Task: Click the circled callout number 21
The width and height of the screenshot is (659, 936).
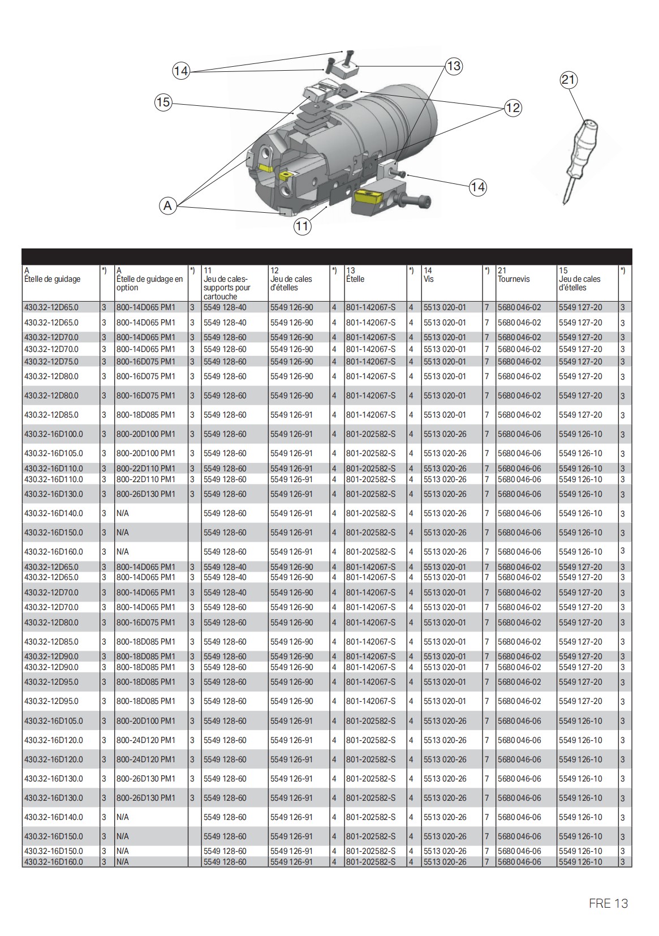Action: tap(568, 80)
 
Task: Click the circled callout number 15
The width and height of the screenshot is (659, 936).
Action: tap(163, 102)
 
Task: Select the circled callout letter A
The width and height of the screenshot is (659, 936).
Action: tap(167, 206)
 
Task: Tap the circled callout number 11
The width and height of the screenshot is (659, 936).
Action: tap(302, 227)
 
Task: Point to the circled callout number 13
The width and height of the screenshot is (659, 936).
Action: tap(454, 66)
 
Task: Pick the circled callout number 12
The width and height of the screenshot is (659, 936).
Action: tap(512, 108)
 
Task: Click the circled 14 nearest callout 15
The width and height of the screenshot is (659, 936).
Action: tap(181, 71)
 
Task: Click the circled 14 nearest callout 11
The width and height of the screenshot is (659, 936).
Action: tap(478, 187)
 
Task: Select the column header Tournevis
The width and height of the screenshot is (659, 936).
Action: tap(514, 279)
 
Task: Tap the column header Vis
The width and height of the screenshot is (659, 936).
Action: tap(428, 279)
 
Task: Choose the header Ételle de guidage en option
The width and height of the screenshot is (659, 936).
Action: tap(149, 283)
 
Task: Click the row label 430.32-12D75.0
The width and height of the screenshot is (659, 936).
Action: tap(51, 362)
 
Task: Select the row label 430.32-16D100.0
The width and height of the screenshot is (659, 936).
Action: tap(53, 434)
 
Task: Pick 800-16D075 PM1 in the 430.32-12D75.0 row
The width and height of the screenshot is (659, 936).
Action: tap(146, 362)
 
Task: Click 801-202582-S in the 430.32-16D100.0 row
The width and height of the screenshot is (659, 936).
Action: tap(371, 434)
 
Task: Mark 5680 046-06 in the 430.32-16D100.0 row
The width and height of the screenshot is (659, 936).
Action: tap(519, 434)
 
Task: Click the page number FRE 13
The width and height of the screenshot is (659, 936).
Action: tap(608, 904)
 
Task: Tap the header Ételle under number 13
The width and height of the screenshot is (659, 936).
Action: tap(355, 279)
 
